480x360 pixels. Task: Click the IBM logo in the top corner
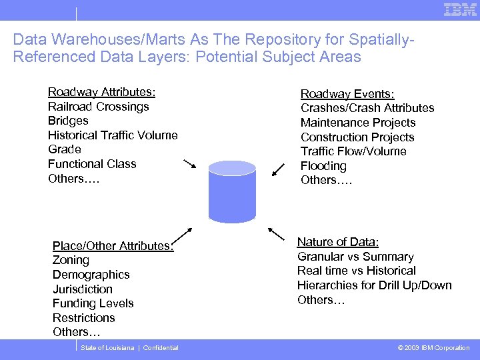pos(460,10)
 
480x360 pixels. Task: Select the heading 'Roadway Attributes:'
pos(101,92)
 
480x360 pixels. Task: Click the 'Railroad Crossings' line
pos(98,107)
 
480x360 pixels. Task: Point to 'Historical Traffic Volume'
pos(113,135)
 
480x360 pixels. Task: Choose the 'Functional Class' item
pos(92,164)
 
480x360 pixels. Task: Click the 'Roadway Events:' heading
pos(347,94)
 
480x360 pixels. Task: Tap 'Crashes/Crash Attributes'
pos(367,108)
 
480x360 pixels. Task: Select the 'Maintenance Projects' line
pos(358,123)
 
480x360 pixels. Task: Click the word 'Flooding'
pos(323,166)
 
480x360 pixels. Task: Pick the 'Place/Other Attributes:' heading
pos(113,246)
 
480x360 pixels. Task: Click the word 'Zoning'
pos(71,261)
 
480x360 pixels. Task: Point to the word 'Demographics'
pos(91,275)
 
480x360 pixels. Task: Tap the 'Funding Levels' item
pos(93,303)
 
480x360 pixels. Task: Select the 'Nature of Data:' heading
pos(338,242)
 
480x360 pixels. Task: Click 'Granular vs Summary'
pos(355,257)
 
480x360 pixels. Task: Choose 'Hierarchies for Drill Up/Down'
pos(375,285)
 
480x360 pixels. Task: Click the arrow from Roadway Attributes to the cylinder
pos(189,164)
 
